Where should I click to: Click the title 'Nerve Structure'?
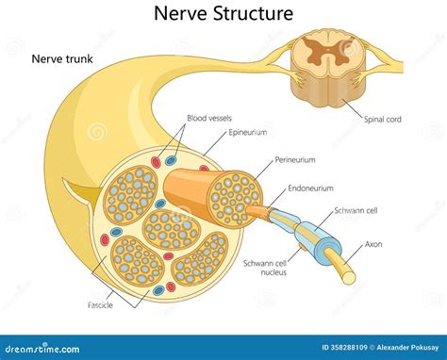[x=223, y=13]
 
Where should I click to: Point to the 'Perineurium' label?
[x=294, y=160]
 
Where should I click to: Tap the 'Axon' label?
[x=375, y=244]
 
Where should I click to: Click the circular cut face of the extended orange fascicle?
[x=233, y=200]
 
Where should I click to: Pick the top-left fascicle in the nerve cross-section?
[x=131, y=194]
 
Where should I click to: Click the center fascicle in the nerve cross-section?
[x=172, y=227]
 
